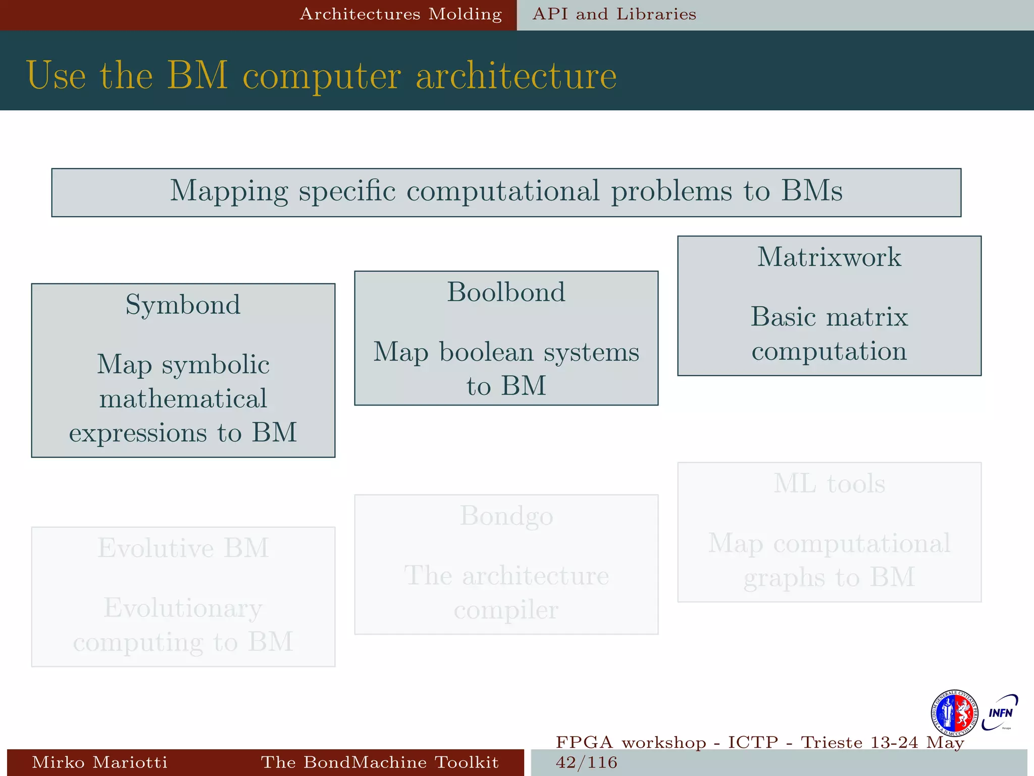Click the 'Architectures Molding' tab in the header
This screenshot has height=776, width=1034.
click(401, 14)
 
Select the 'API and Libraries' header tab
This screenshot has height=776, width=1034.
click(614, 14)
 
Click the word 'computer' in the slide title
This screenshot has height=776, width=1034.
click(322, 76)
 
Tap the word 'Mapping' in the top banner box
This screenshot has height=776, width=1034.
click(228, 191)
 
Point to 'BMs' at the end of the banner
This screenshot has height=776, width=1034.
click(812, 191)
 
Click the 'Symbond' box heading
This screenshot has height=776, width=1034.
click(183, 305)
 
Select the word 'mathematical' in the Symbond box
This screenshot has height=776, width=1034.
click(183, 399)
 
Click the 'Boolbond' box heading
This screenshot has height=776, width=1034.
click(506, 292)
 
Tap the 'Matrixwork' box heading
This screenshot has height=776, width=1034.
click(829, 257)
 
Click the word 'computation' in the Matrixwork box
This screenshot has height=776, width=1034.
click(829, 351)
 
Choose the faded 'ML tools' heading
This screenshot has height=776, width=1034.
click(829, 483)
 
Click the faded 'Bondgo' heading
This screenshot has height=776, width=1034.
click(506, 516)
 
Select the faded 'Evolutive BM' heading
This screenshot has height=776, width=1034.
click(183, 548)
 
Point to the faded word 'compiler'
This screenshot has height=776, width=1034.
click(506, 610)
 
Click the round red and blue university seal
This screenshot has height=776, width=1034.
click(954, 713)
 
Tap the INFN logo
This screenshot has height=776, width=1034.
click(1000, 712)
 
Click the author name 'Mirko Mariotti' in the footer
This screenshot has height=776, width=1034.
click(99, 762)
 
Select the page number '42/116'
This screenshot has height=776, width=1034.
click(586, 762)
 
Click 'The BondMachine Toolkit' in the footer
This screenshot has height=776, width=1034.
click(380, 762)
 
